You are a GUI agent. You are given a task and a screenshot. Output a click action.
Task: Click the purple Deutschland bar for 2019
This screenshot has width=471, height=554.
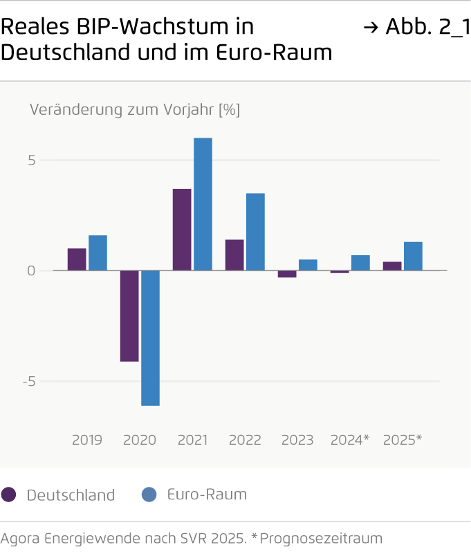tap(77, 259)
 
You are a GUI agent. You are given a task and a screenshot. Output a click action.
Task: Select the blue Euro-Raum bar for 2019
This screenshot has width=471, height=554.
tap(98, 253)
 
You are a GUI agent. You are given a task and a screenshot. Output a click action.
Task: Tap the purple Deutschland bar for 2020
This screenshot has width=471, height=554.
tap(129, 315)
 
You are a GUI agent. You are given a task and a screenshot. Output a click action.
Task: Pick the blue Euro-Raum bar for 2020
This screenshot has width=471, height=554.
tap(150, 338)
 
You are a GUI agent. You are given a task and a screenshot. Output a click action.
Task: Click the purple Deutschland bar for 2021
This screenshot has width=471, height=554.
tap(182, 230)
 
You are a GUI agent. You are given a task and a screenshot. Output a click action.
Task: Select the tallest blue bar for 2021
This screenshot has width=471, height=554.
tap(203, 204)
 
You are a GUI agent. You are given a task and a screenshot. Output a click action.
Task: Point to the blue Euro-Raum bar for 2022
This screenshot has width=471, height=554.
tap(255, 232)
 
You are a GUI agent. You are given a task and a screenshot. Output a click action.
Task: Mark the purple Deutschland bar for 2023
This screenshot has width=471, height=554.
tap(287, 274)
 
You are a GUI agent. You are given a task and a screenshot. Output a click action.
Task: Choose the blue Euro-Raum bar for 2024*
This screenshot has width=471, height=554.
tap(360, 263)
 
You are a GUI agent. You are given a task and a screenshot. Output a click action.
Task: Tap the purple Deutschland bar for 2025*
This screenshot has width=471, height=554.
tap(392, 266)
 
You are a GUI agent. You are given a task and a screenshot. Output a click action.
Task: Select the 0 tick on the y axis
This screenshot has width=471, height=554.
tap(30, 271)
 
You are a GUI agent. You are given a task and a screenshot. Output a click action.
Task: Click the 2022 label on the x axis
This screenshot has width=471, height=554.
tap(245, 441)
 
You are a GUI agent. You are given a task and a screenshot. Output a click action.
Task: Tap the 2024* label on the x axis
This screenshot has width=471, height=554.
tap(350, 441)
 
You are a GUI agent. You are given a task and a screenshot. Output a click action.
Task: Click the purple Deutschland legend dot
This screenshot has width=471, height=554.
tap(9, 495)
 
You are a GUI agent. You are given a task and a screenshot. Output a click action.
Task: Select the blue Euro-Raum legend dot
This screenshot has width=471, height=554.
tap(149, 495)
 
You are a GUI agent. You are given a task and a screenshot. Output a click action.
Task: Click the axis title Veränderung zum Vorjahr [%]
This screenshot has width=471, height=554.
tap(135, 109)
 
